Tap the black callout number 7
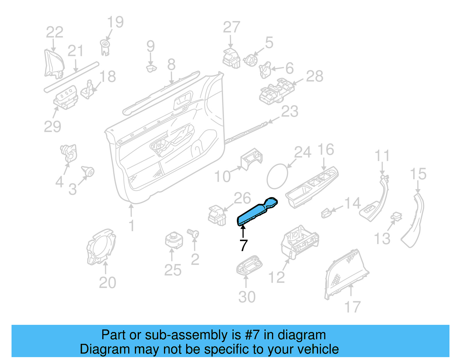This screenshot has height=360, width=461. tap(243, 246)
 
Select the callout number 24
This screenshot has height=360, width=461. tap(303, 152)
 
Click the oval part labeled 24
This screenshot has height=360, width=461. tap(277, 176)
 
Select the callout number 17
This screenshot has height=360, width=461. tap(352, 307)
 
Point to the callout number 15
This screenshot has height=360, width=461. tap(418, 174)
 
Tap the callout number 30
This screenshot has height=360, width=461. tap(247, 297)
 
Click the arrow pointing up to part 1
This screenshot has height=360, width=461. tap(131, 210)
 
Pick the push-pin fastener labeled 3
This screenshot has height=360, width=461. tap(88, 171)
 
